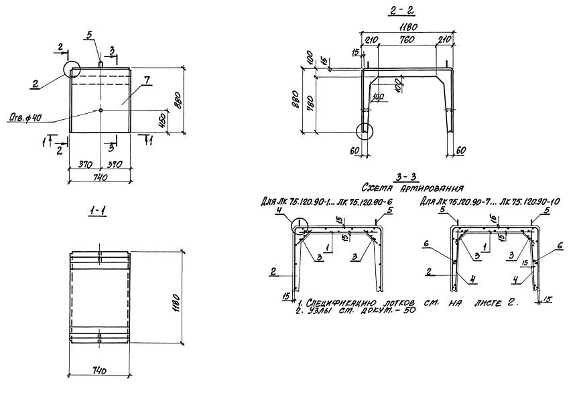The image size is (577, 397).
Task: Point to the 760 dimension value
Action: tap(406, 39)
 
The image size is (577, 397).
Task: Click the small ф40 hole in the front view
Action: tap(100, 110)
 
